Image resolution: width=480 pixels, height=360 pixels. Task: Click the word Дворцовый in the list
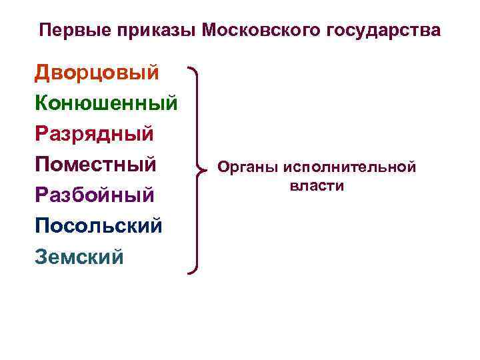(97, 73)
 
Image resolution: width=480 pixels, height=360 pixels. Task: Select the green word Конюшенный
(106, 103)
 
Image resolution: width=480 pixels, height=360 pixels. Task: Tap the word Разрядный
(94, 134)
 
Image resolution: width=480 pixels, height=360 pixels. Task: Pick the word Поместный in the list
(95, 164)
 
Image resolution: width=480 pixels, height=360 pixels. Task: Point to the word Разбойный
(95, 195)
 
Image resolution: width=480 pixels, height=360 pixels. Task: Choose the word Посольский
(98, 225)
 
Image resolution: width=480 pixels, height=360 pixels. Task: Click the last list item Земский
(79, 256)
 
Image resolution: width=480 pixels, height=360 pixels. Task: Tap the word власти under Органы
(317, 185)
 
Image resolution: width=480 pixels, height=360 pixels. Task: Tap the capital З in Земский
(41, 256)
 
